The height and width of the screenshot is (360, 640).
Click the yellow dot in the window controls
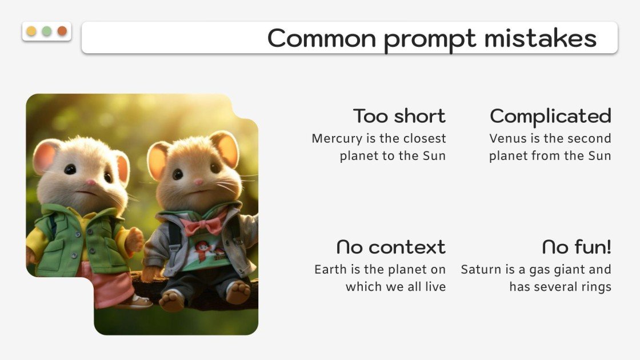(x=31, y=31)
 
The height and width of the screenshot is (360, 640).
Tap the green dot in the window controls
(x=47, y=31)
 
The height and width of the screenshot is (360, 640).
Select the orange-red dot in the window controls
(x=62, y=31)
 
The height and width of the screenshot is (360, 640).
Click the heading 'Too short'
(x=399, y=116)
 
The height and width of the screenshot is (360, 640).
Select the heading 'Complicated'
(x=550, y=116)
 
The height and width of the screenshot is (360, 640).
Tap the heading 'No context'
(x=391, y=247)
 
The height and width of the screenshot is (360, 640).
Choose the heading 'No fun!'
(x=577, y=247)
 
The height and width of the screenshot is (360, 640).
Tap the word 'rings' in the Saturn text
(x=595, y=286)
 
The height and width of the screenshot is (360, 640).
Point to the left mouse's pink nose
(x=90, y=183)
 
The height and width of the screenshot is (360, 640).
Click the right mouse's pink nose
(x=198, y=182)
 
